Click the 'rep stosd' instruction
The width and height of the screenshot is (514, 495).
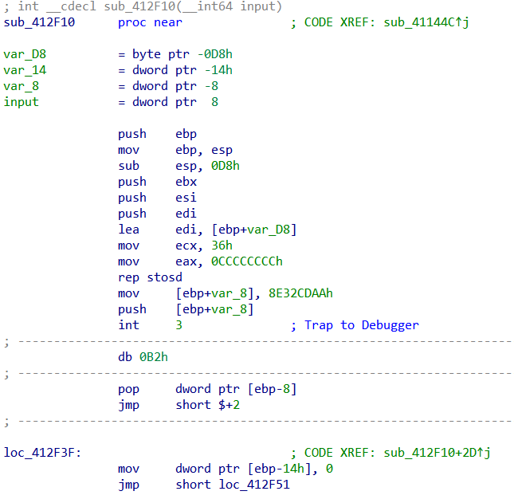tap(150, 277)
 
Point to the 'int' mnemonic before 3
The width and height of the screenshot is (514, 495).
tap(128, 325)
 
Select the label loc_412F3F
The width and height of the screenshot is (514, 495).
tap(42, 453)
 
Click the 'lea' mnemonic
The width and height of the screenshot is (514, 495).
tap(128, 230)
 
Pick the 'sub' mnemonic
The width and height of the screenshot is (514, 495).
tap(128, 166)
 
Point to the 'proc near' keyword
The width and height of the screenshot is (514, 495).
tap(150, 22)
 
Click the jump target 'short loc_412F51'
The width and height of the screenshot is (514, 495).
tap(233, 485)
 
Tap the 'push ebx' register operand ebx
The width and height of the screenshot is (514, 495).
tap(186, 182)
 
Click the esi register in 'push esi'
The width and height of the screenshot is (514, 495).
tap(186, 198)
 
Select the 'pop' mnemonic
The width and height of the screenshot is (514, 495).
tap(128, 389)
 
